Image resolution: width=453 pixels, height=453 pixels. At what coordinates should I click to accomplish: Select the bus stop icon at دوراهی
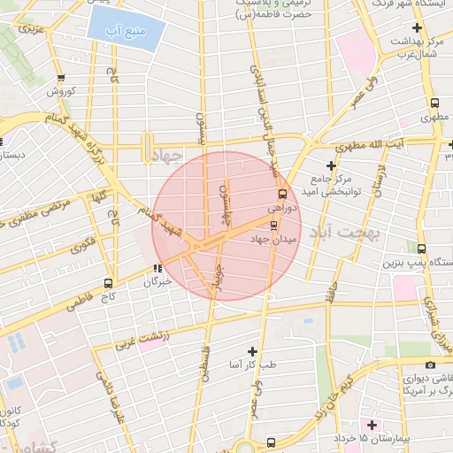tap(282, 193)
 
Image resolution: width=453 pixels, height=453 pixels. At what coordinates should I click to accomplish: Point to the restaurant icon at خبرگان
tap(157, 269)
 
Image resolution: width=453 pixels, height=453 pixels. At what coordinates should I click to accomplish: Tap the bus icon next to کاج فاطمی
tap(109, 284)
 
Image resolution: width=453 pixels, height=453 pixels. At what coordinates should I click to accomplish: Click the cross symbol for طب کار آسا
tap(253, 351)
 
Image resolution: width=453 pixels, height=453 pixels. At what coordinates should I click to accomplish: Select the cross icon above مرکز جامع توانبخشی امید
tap(332, 165)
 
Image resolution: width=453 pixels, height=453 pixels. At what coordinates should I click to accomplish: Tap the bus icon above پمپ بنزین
tap(421, 249)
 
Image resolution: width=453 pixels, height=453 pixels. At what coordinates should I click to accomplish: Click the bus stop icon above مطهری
tap(431, 101)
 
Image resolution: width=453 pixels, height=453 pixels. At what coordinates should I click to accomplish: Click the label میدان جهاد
tap(275, 239)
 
